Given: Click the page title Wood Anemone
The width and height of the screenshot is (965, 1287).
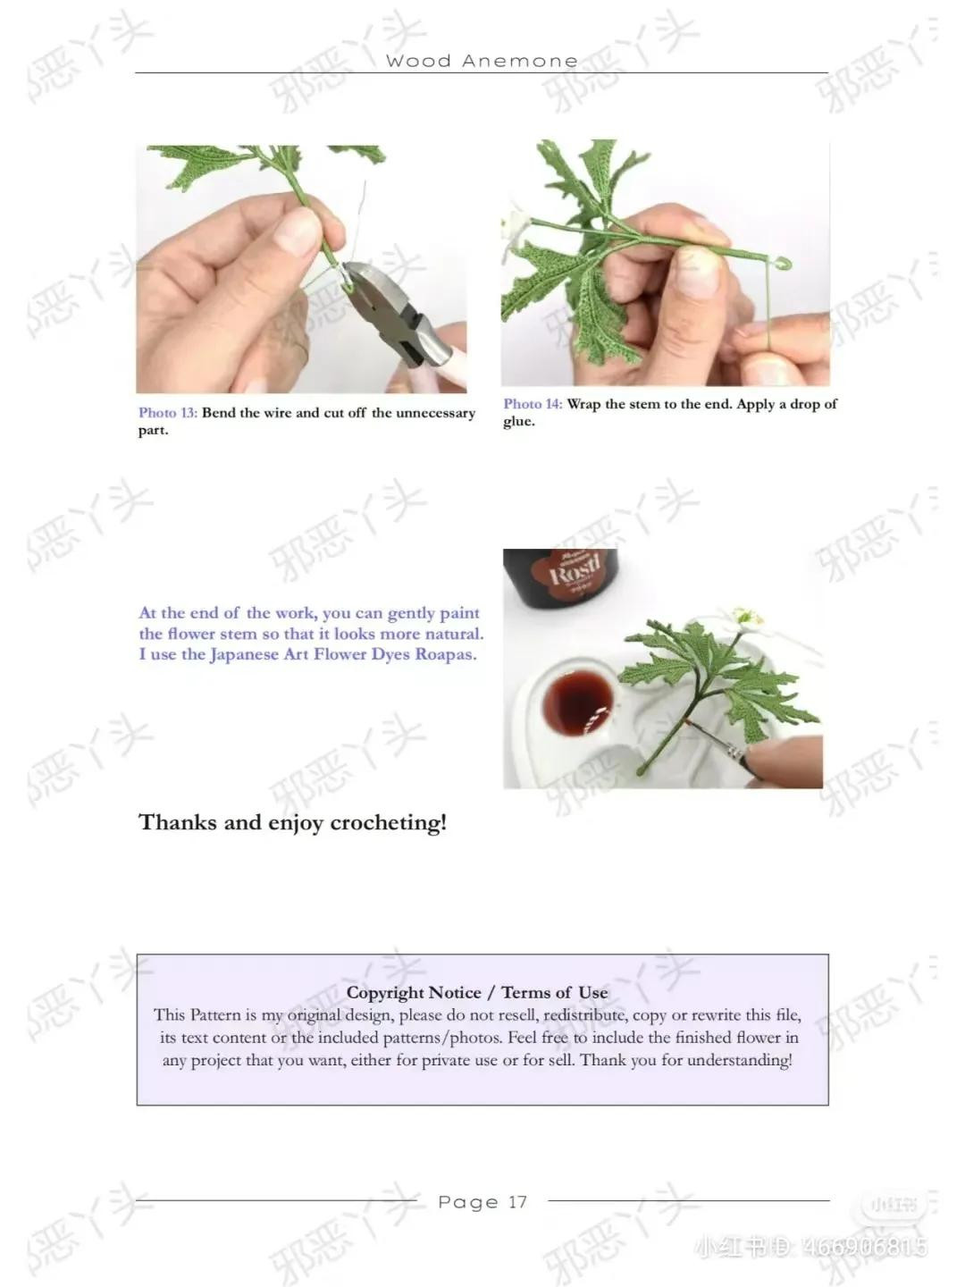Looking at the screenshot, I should tap(482, 61).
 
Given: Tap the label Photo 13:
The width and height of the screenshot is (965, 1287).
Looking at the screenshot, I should tap(168, 413).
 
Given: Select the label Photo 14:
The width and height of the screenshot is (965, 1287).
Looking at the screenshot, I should tap(533, 404).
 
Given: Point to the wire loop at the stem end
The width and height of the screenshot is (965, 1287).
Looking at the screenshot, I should tap(784, 264).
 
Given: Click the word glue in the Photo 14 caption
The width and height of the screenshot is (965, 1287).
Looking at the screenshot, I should tap(518, 422).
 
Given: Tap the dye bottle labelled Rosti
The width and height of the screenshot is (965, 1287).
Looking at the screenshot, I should tap(560, 581).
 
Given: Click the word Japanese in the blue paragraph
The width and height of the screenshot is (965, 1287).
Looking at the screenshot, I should tap(244, 654).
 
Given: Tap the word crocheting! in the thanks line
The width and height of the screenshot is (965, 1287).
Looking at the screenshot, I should tap(388, 822).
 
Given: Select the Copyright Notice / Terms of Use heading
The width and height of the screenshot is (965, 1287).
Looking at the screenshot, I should tap(477, 992).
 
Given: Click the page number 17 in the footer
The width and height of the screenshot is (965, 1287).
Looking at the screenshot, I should tap(518, 1202).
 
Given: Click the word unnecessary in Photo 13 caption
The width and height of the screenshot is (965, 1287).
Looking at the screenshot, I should tap(436, 413).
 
